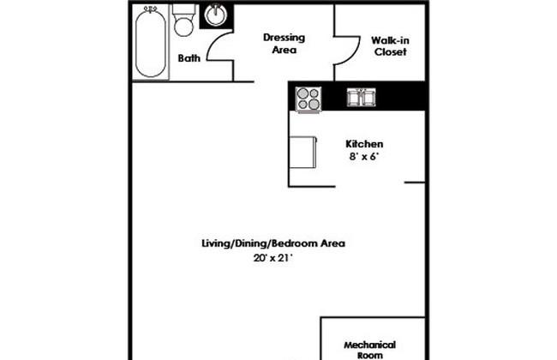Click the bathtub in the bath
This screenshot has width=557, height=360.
150,43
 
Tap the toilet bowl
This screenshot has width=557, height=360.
183,27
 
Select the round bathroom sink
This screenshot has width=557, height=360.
216,15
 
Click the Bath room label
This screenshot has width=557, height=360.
189,58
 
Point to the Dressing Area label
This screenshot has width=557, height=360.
284,44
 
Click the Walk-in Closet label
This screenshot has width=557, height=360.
390,46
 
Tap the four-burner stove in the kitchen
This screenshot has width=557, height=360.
308,99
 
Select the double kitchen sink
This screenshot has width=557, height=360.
362,98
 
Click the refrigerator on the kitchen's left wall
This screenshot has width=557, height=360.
302,152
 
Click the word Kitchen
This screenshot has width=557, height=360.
364,144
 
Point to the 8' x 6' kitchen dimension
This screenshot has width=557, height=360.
364,156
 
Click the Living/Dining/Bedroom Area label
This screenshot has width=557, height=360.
273,243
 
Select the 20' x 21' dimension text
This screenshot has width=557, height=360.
273,258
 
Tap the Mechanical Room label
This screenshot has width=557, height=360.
370,350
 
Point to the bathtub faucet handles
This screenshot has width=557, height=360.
151,9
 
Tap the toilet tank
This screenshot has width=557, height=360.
183,9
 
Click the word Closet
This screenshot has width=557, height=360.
391,52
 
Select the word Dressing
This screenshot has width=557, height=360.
284,38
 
